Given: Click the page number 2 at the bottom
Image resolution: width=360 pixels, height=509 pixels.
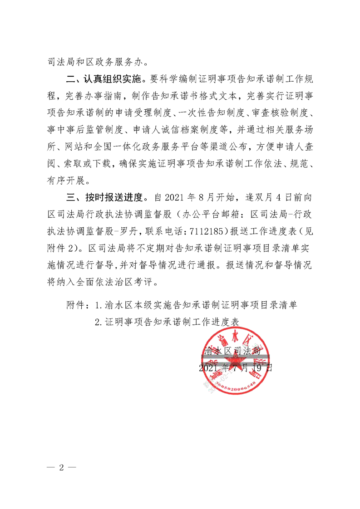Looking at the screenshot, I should tap(61, 468).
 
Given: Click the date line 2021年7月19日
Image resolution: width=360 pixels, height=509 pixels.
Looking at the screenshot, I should tap(236, 367).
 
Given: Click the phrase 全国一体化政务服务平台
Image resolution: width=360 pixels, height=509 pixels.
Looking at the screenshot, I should tap(160, 147).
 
